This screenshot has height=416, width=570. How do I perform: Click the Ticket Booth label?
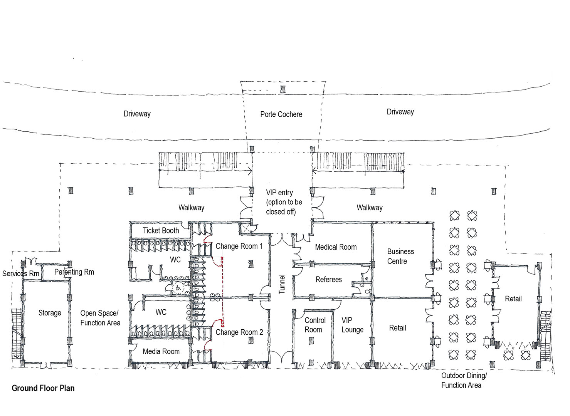click(x=161, y=231)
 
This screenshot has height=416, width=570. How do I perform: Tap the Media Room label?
click(x=161, y=351)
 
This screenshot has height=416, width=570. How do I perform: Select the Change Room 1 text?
click(x=239, y=246)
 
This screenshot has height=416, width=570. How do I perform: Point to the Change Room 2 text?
click(x=239, y=332)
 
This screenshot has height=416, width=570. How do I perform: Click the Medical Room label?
click(x=336, y=247)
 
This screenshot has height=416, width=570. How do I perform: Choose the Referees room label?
click(x=328, y=280)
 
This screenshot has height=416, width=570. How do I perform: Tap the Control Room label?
click(x=315, y=325)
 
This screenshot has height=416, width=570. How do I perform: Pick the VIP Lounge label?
click(x=352, y=325)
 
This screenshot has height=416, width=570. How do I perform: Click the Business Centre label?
click(x=400, y=256)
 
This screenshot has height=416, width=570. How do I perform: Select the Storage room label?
click(x=50, y=313)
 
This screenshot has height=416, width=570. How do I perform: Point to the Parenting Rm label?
click(x=74, y=272)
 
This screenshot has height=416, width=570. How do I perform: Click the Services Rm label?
click(x=20, y=273)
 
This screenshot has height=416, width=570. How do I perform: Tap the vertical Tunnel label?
click(x=282, y=284)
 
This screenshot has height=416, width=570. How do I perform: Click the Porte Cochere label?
click(x=281, y=114)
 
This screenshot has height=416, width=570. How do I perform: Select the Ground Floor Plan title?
click(x=43, y=388)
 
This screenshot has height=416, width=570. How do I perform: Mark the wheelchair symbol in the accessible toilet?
click(x=178, y=288)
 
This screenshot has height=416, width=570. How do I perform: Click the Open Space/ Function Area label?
click(x=100, y=318)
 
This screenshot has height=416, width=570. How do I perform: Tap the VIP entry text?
click(x=279, y=193)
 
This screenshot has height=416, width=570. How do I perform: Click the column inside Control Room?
click(x=311, y=341)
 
